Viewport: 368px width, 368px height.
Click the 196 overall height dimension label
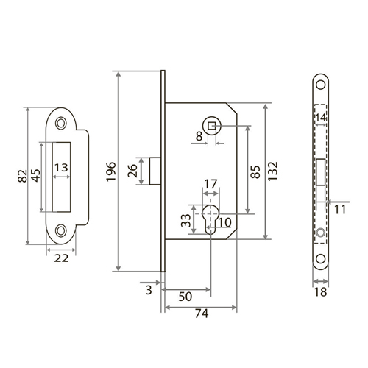[x=111, y=171]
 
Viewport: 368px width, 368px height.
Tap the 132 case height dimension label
[x=272, y=171]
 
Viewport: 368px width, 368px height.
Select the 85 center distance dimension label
[x=255, y=172]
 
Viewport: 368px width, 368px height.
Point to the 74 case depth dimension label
[x=202, y=314]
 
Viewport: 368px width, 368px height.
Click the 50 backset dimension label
[x=185, y=297]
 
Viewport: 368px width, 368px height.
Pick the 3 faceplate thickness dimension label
[x=149, y=290]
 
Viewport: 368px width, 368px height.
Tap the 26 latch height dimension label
[x=132, y=171]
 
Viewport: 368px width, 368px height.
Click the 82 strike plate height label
[x=22, y=176]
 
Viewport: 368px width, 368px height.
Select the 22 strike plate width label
[x=61, y=258]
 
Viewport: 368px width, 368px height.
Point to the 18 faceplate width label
[x=320, y=292]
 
